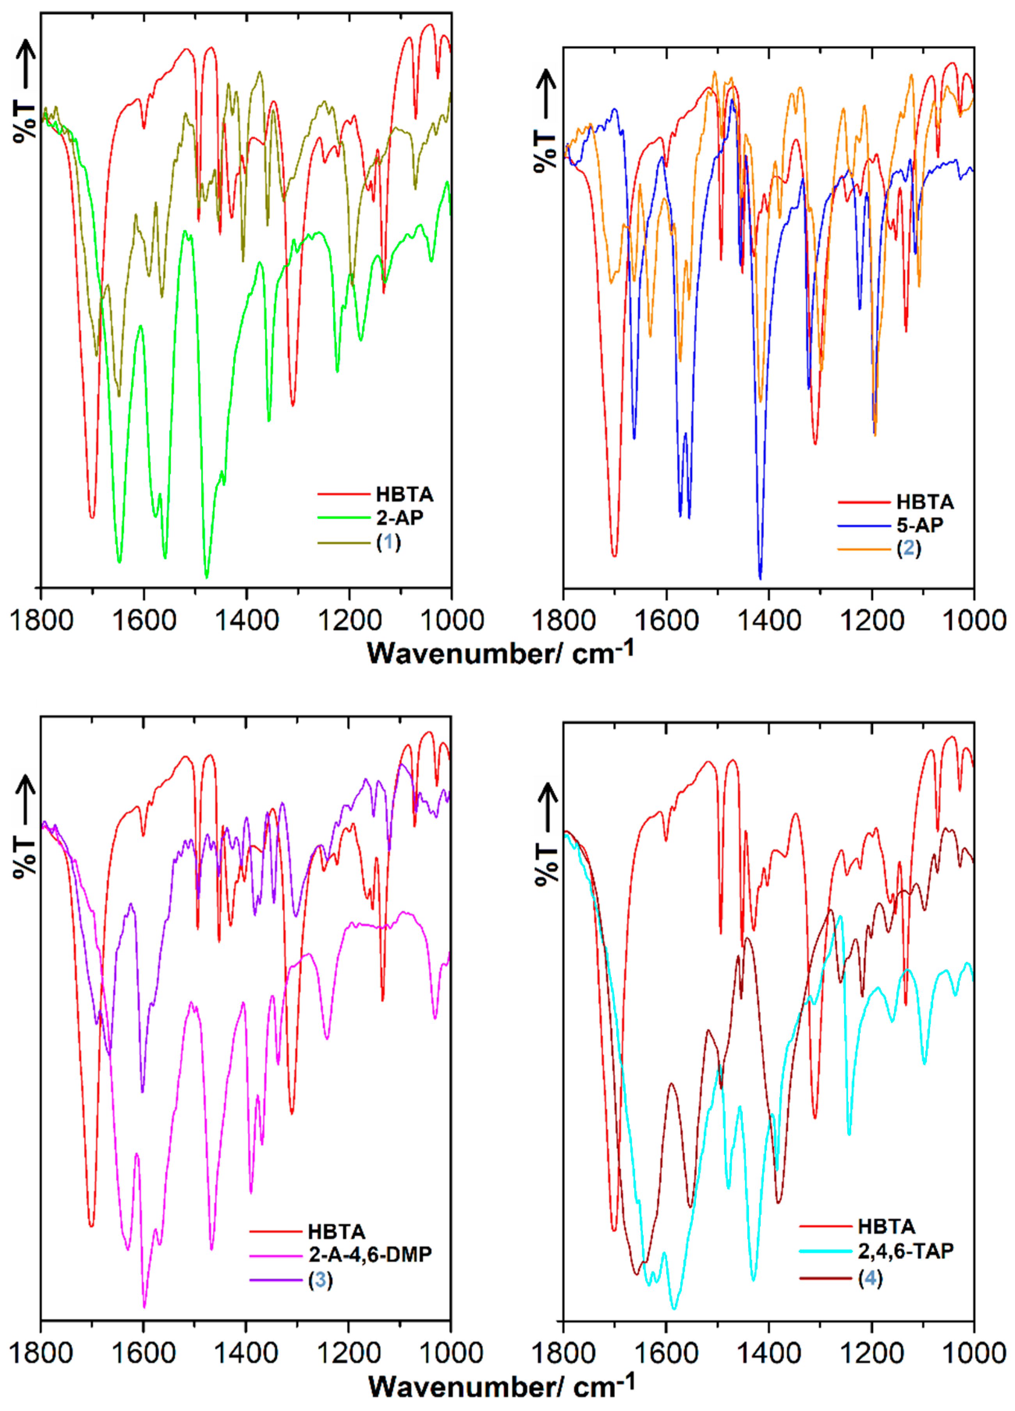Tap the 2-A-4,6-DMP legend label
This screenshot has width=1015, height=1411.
(370, 1254)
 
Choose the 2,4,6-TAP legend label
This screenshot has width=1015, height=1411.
(905, 1251)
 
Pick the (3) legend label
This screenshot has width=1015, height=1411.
(320, 1280)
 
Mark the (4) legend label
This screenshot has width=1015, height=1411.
(870, 1278)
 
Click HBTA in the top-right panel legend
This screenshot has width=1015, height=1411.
(925, 502)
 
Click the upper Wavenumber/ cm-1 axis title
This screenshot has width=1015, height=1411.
(500, 653)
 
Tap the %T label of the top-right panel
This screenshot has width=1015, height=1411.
(545, 151)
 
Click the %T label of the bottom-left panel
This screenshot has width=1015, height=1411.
(25, 858)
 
